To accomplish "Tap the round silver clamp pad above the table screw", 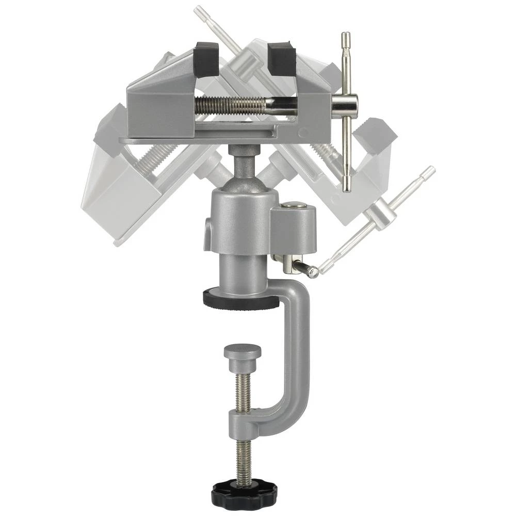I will pos(243,353).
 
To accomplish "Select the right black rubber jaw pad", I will pos(281,58).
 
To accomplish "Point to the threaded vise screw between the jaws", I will pos(232,106).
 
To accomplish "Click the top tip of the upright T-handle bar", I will pos(346,37).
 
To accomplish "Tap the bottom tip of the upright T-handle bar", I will pos(346,186).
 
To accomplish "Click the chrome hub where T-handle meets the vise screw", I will pos(345,106).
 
